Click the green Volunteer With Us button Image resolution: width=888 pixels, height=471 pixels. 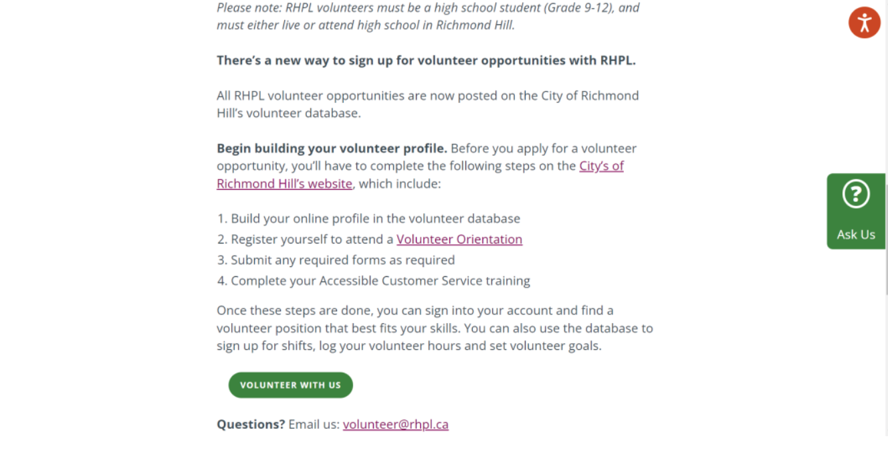click(x=290, y=385)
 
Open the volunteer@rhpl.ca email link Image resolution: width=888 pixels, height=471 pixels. click(x=395, y=424)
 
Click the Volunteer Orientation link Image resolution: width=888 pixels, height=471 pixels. click(x=459, y=239)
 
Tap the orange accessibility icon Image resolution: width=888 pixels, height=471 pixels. click(x=864, y=23)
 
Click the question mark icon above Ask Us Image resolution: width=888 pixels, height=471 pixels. click(x=856, y=195)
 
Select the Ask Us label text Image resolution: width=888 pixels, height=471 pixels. click(x=856, y=234)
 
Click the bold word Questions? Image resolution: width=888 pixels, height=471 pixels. click(x=251, y=424)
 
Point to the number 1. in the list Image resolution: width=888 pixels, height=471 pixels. click(x=222, y=219)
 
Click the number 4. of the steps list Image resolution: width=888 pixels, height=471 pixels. click(x=222, y=281)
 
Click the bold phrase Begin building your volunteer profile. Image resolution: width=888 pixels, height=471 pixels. click(x=332, y=149)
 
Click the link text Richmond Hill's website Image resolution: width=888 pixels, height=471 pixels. click(x=284, y=184)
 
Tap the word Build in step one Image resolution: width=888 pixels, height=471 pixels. click(x=245, y=219)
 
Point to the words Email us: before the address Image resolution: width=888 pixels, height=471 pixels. click(x=314, y=424)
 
